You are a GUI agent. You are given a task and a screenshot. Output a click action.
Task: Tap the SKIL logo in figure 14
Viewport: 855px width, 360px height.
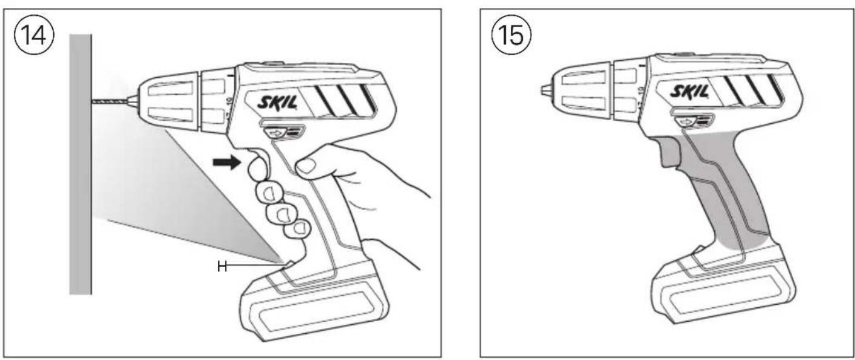(x=279, y=101)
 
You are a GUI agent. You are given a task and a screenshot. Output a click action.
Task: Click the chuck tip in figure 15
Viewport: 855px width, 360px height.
(x=545, y=91)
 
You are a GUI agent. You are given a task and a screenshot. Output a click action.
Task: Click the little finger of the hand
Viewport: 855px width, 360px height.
(x=299, y=228)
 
